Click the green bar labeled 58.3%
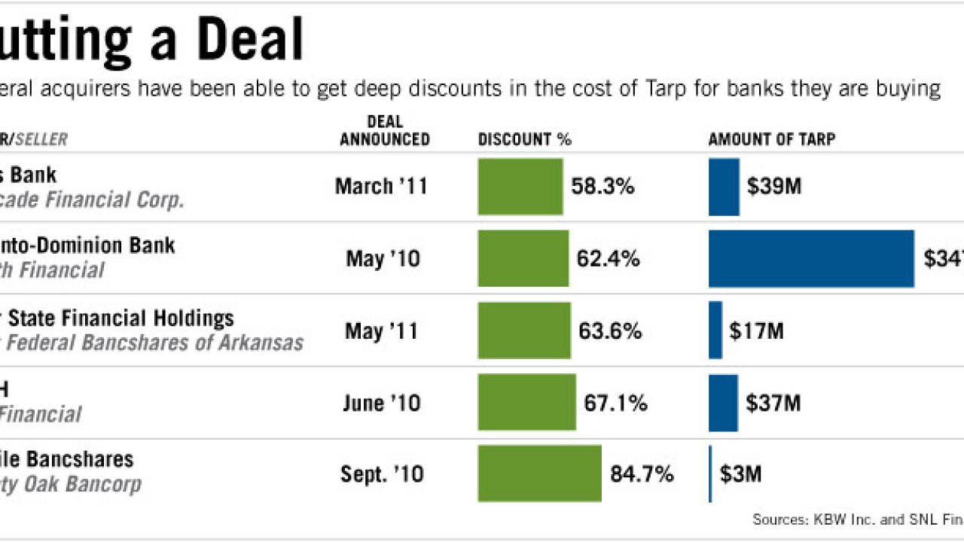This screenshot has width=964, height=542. (x=520, y=187)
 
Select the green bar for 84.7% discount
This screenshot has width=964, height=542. (x=539, y=473)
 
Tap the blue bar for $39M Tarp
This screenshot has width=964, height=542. (x=724, y=187)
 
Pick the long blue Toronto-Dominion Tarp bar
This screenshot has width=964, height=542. (x=811, y=259)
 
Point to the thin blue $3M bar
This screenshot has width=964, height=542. (x=709, y=473)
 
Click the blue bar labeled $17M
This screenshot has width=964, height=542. (x=715, y=330)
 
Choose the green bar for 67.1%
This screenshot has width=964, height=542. (x=526, y=403)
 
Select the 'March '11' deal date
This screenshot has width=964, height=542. (x=381, y=187)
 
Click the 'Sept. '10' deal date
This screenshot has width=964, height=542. (x=382, y=474)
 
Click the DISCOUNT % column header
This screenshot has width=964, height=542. (x=524, y=139)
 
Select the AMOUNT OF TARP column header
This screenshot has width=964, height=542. (x=771, y=139)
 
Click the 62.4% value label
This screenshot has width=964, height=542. (x=608, y=260)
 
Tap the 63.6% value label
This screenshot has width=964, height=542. (x=610, y=331)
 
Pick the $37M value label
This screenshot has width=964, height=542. (x=773, y=403)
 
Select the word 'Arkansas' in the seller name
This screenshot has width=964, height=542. (x=261, y=343)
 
